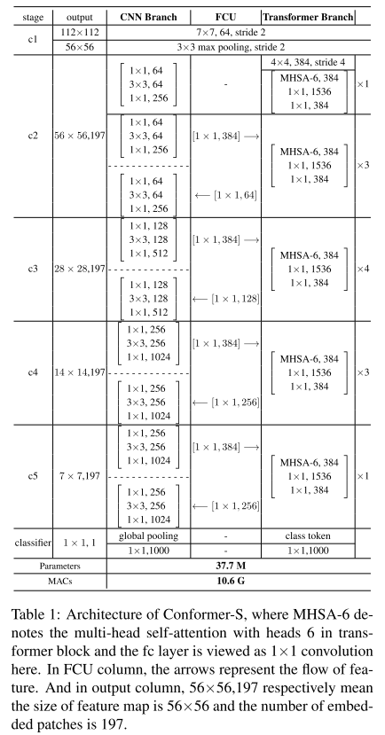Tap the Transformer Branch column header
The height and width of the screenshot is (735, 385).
[x=307, y=16]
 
